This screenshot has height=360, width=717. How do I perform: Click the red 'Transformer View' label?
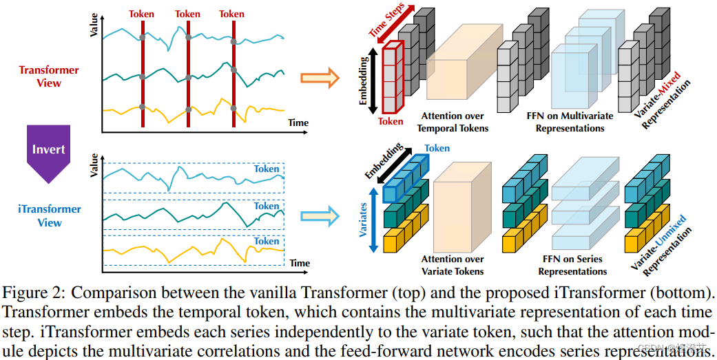[49, 76]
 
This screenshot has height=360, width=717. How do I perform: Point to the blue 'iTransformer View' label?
[49, 215]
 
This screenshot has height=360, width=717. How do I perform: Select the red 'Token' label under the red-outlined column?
[391, 122]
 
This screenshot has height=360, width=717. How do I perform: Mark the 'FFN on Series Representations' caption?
[571, 265]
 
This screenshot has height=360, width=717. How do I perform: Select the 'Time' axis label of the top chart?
[298, 123]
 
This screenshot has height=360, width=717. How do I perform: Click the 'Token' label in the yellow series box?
[267, 241]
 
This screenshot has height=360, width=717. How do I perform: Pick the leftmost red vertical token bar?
[143, 69]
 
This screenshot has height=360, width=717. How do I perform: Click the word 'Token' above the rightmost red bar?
[231, 14]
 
